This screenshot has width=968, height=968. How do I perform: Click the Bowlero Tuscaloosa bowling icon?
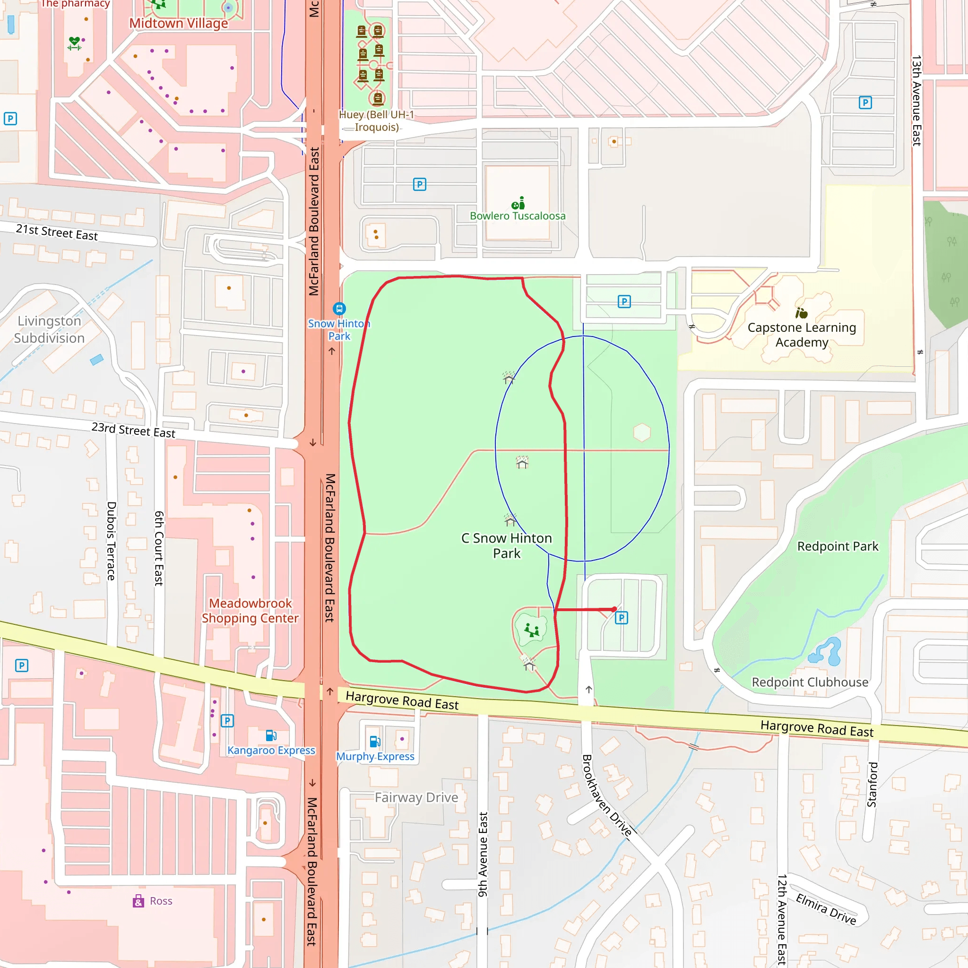coord(518,203)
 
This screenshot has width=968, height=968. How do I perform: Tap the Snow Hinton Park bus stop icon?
coord(339,308)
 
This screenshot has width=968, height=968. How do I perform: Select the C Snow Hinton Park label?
coord(507,545)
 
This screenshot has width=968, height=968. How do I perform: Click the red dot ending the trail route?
coord(614,609)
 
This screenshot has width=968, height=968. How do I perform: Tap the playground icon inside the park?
coord(532,630)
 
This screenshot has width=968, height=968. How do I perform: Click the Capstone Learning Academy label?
coord(802,335)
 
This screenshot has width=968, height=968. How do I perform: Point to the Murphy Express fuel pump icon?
coord(375,742)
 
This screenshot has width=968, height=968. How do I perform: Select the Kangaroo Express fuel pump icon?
coord(271,735)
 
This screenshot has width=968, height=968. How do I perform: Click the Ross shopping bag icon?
coord(138,901)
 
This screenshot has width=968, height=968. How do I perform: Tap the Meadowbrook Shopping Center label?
coord(250,611)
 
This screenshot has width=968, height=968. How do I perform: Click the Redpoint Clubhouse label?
coord(810,683)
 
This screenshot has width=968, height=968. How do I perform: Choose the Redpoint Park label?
coord(838,546)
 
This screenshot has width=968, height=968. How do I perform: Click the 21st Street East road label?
coord(57,232)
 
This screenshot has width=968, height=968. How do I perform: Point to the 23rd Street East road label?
coord(133,430)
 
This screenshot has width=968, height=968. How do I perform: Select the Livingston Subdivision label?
coord(49,329)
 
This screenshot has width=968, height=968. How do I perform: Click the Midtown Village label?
coord(178,24)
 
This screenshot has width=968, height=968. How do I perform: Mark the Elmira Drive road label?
coord(826,908)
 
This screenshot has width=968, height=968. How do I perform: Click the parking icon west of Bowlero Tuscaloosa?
coord(419,184)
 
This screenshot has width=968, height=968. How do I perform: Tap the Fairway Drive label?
coord(416,797)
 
